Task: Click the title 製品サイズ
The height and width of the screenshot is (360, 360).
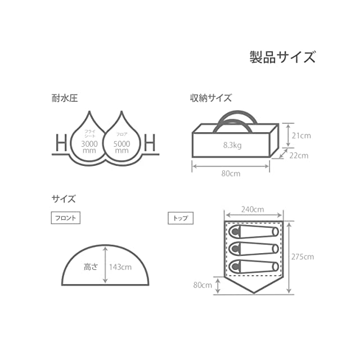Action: [x=282, y=57]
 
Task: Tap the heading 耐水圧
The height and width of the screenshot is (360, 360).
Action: [x=64, y=98]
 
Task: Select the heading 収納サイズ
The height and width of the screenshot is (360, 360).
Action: [x=210, y=98]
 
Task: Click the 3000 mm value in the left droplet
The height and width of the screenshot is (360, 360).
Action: [x=88, y=147]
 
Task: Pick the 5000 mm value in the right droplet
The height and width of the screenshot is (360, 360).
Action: [x=123, y=147]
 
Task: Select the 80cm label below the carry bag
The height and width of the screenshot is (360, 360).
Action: [x=231, y=174]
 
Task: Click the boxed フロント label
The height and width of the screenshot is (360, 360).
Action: [x=66, y=218]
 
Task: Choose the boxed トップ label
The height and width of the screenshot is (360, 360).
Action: [x=181, y=218]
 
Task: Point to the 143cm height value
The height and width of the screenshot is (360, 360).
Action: [x=120, y=267]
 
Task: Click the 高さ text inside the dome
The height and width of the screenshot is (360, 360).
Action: [x=91, y=267]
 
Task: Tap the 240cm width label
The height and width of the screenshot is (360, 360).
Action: [x=253, y=209]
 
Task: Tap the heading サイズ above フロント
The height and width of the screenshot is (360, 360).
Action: [x=64, y=199]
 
